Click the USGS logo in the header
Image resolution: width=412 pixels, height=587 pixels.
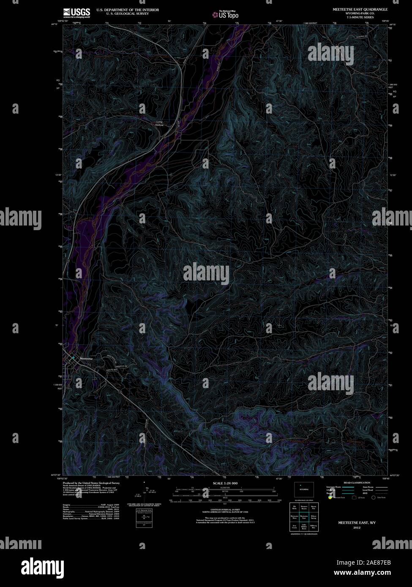(x=76, y=13)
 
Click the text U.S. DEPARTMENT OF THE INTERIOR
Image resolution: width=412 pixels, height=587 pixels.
(x=128, y=9)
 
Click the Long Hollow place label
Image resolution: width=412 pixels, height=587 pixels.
(x=159, y=123)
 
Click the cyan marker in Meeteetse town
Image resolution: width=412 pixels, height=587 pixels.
(x=73, y=358)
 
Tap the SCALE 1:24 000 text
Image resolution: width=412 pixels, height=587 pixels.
(x=225, y=483)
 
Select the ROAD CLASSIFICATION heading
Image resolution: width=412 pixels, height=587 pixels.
(x=357, y=483)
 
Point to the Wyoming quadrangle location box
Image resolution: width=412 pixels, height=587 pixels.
(x=304, y=489)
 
